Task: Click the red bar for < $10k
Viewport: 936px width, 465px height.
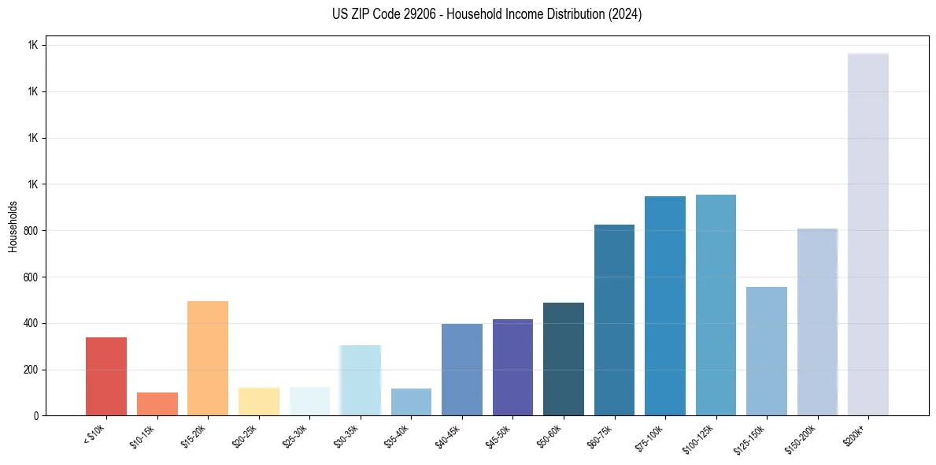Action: (x=106, y=376)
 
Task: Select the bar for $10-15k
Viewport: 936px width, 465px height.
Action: (x=157, y=404)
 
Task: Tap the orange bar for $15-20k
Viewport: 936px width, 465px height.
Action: (x=208, y=358)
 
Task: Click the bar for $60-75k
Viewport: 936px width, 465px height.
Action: (x=614, y=320)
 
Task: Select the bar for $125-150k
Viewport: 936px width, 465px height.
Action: (x=767, y=351)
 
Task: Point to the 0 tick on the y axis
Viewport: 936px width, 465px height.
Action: (x=36, y=415)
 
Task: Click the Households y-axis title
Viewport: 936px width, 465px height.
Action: (x=13, y=226)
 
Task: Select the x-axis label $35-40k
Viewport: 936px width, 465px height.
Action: (x=397, y=437)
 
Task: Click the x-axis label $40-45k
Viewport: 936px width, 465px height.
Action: (x=447, y=437)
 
